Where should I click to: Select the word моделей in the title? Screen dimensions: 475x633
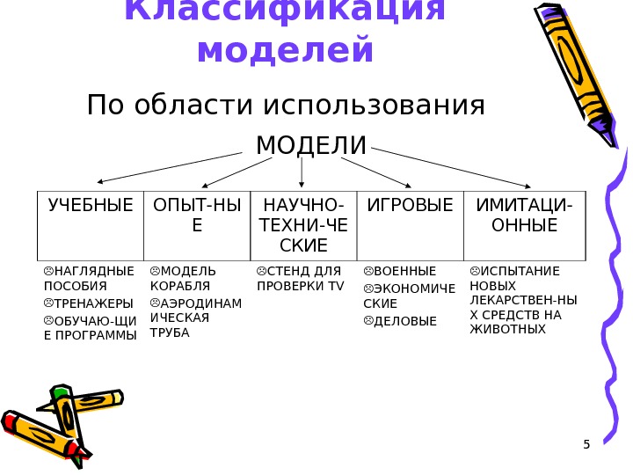[287, 49]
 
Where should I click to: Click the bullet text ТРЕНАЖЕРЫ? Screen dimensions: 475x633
[93, 303]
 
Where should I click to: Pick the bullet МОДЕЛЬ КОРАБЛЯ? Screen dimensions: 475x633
[187, 278]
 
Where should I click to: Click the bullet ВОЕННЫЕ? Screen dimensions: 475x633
[404, 271]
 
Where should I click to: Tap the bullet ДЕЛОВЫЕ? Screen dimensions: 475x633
[404, 321]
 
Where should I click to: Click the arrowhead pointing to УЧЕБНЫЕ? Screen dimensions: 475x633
[100, 182]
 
